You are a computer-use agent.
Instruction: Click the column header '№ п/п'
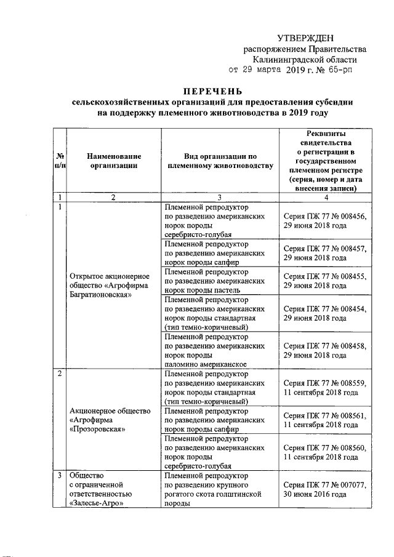click(x=60, y=161)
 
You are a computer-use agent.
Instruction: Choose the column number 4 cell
click(x=326, y=198)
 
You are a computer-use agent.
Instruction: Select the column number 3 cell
click(x=220, y=198)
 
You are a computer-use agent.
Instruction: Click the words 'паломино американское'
click(x=206, y=364)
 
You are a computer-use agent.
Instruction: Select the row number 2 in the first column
click(x=60, y=374)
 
